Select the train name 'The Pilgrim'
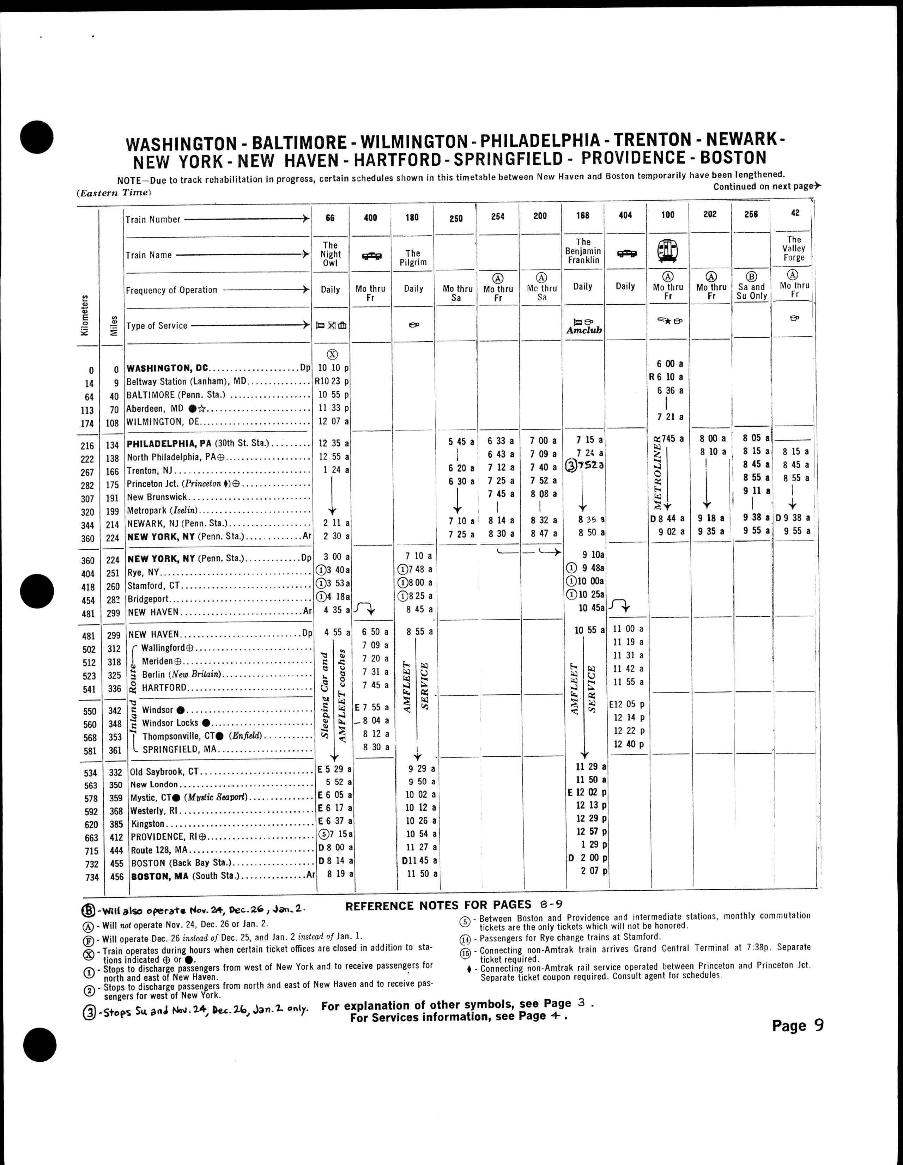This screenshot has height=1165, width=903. [x=413, y=258]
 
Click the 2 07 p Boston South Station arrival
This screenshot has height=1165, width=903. [x=590, y=871]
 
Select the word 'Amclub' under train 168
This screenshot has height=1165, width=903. [x=584, y=330]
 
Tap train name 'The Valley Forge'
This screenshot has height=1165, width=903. [x=794, y=249]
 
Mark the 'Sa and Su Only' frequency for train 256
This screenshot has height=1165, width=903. [x=751, y=291]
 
